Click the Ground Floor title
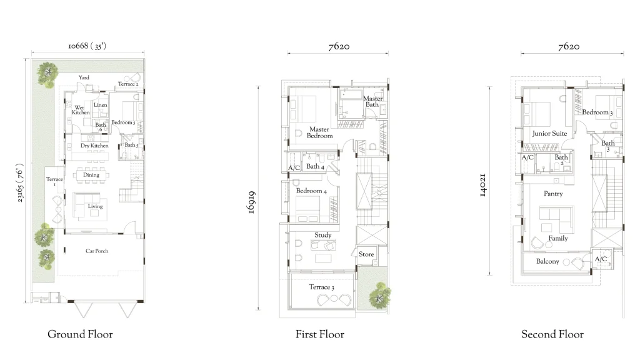click(x=80, y=334)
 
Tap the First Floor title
click(x=319, y=334)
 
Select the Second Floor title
click(x=552, y=334)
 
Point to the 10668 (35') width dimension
click(x=87, y=46)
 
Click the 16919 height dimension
click(x=251, y=202)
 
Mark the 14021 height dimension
click(x=482, y=185)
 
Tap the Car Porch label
click(x=97, y=251)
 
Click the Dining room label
click(x=91, y=175)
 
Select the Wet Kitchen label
click(x=81, y=110)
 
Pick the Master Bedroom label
click(x=319, y=132)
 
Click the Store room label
click(x=366, y=254)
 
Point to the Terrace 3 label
click(x=322, y=287)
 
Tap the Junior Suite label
click(x=549, y=134)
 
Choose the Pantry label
click(x=553, y=194)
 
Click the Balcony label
click(x=547, y=261)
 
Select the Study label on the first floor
click(x=323, y=235)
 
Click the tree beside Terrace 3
click(x=380, y=296)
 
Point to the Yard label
click(x=84, y=77)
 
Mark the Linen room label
click(x=101, y=105)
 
